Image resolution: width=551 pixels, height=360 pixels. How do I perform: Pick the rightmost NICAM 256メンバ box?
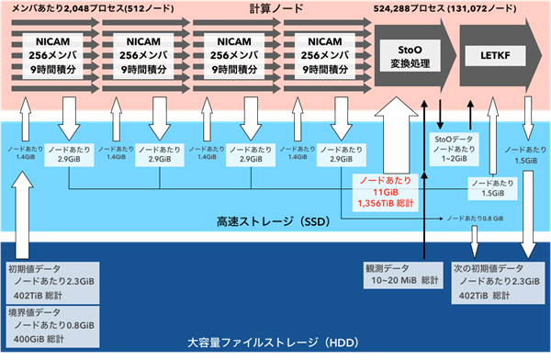click(318, 57)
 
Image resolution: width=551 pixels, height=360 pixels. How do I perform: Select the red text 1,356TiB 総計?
click(384, 202)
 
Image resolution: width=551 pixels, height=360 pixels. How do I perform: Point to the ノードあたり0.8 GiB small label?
click(477, 218)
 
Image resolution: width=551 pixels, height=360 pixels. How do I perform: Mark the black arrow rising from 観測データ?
click(425, 184)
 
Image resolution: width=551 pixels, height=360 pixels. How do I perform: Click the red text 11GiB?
click(384, 190)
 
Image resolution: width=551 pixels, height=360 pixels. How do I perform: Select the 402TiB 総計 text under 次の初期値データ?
click(487, 296)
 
